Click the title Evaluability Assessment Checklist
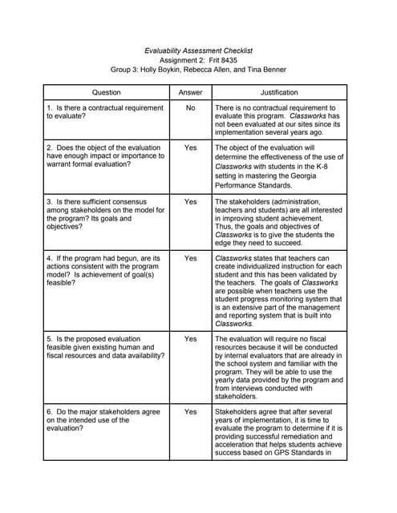pos(197,50)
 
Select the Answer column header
pos(189,92)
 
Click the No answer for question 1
pos(189,107)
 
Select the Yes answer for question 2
pos(189,147)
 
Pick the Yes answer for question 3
pos(189,202)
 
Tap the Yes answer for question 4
pos(189,259)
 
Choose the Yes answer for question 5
pos(189,339)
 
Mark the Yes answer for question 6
pos(189,411)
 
